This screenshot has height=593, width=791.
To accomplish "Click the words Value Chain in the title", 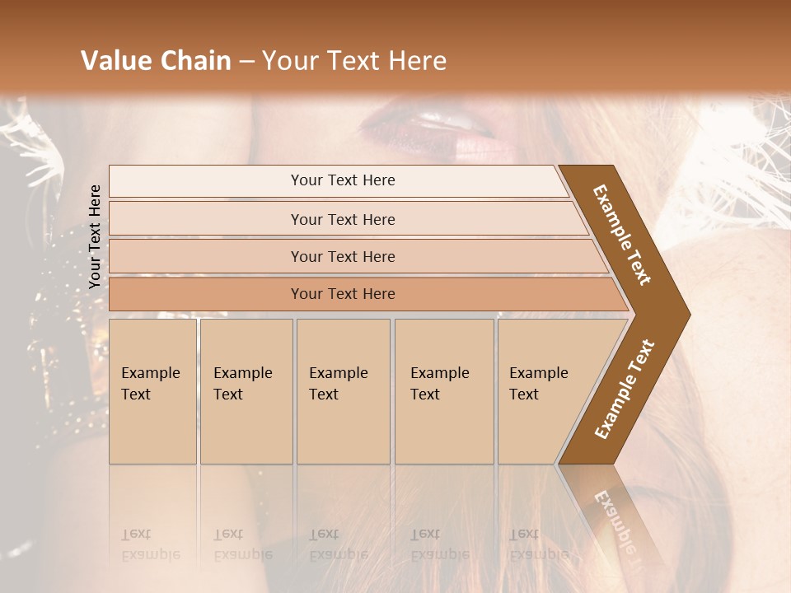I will click(156, 61).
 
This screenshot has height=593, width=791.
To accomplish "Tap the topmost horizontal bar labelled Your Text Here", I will click(342, 180).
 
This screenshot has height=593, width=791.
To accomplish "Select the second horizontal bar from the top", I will click(343, 219).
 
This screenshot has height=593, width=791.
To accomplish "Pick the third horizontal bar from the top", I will click(343, 256).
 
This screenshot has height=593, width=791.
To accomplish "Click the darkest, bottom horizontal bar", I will click(343, 294).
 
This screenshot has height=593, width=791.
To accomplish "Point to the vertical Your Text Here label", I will click(96, 236).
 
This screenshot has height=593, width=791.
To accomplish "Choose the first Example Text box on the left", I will click(152, 391).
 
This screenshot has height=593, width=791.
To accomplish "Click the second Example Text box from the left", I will click(246, 391).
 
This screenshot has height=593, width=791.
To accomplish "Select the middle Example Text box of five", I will click(343, 391).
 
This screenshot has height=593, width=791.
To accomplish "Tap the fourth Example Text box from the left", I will click(444, 391).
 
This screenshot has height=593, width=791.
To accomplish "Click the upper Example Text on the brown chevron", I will click(623, 235).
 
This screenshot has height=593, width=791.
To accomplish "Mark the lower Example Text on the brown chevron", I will click(625, 389).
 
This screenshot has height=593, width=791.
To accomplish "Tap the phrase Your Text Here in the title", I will click(354, 61).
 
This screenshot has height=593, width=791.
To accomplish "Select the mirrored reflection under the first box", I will click(152, 527).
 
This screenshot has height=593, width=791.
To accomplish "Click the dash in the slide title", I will click(246, 61).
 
